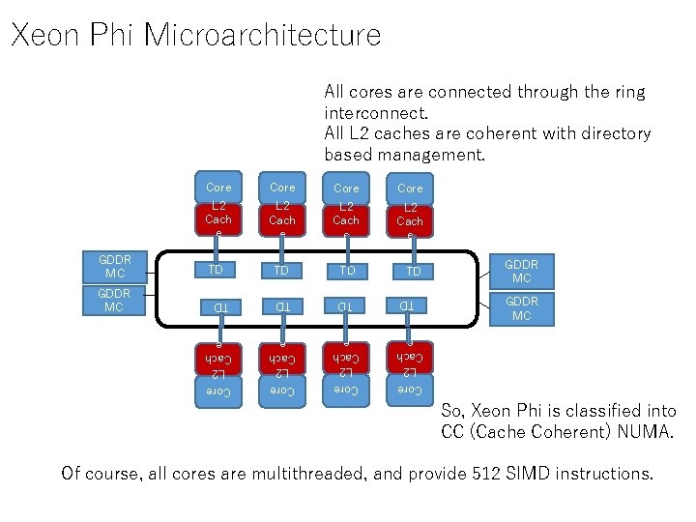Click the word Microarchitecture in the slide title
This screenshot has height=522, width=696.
click(x=262, y=36)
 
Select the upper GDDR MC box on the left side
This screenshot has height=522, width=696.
click(x=114, y=267)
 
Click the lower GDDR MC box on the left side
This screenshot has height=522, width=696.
click(x=114, y=301)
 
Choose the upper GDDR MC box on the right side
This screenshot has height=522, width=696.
click(x=521, y=271)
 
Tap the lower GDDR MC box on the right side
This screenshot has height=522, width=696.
click(x=521, y=308)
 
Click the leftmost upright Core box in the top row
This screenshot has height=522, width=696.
click(x=218, y=187)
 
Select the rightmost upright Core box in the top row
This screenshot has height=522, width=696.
click(x=410, y=188)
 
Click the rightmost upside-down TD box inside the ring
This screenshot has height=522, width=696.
click(x=410, y=306)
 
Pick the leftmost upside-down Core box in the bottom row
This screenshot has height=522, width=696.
click(x=218, y=391)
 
